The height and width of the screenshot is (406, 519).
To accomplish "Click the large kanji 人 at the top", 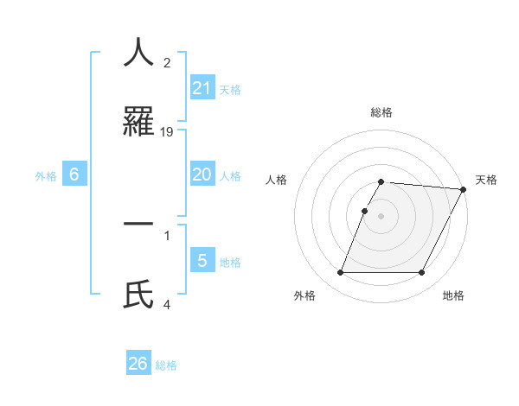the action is (x=138, y=53).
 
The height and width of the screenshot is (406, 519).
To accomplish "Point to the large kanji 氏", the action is (x=138, y=294).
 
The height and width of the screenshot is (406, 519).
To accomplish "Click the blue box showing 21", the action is (x=202, y=87).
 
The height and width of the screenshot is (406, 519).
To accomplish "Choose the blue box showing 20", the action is (x=202, y=174).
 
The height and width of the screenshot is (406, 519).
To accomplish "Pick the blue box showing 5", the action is (x=202, y=260).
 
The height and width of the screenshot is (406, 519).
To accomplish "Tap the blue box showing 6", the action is (x=74, y=174).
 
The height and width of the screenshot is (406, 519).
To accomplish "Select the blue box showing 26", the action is (x=138, y=364).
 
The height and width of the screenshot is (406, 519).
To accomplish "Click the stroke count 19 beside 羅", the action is (x=168, y=131).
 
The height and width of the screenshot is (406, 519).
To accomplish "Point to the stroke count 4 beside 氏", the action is (x=168, y=303).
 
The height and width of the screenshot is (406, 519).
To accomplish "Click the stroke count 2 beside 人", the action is (x=167, y=62).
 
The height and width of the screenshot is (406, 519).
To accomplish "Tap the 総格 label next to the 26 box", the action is (x=166, y=365).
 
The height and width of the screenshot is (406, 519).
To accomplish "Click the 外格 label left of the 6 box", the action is (x=46, y=176).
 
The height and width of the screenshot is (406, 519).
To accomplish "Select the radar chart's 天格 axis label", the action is (x=486, y=180).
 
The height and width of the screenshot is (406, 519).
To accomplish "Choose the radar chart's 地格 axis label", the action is (x=453, y=295).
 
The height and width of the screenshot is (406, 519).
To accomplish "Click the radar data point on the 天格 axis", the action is (x=464, y=189).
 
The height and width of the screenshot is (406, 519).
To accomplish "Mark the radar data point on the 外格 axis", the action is (x=340, y=272).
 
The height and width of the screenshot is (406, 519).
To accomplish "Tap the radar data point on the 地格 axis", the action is (x=422, y=272).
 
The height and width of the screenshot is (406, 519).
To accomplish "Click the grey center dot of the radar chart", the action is (x=381, y=215).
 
